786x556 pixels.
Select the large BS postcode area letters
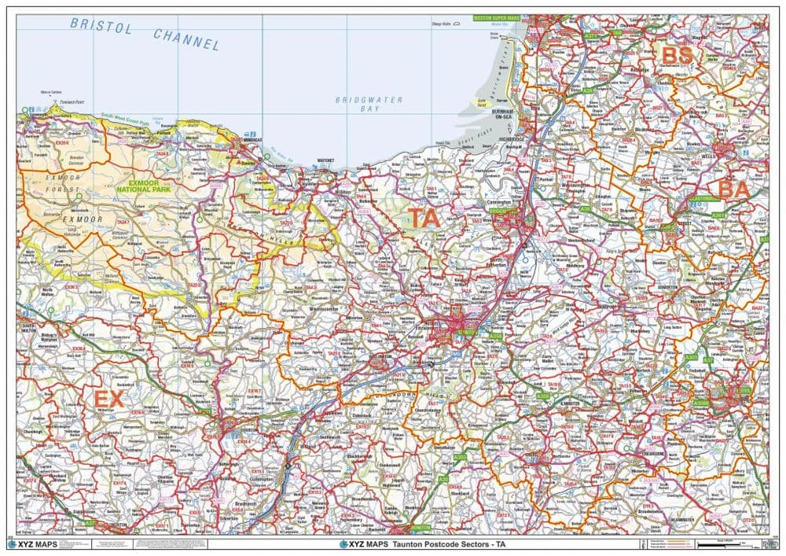coord(676,55)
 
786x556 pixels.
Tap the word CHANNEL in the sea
coord(186,39)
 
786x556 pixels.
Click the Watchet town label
coord(325,160)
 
